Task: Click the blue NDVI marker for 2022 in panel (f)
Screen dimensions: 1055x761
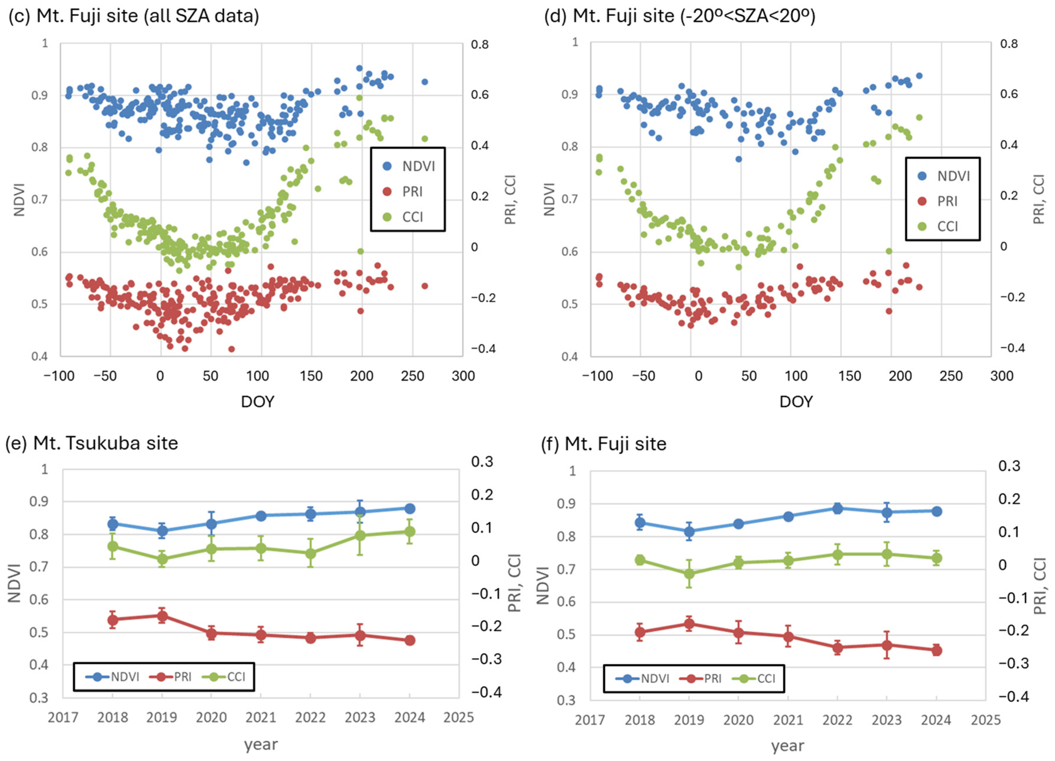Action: pyautogui.click(x=837, y=508)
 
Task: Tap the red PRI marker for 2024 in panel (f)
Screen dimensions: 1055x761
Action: pyautogui.click(x=936, y=650)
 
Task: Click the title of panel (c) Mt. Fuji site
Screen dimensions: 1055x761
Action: pyautogui.click(x=133, y=16)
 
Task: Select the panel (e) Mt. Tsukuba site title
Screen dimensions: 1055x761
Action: pyautogui.click(x=92, y=443)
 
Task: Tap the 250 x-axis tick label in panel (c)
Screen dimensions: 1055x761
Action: pyautogui.click(x=412, y=376)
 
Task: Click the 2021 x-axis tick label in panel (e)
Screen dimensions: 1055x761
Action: pyautogui.click(x=261, y=717)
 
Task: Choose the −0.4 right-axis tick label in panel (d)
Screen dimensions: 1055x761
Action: pyautogui.click(x=1013, y=348)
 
